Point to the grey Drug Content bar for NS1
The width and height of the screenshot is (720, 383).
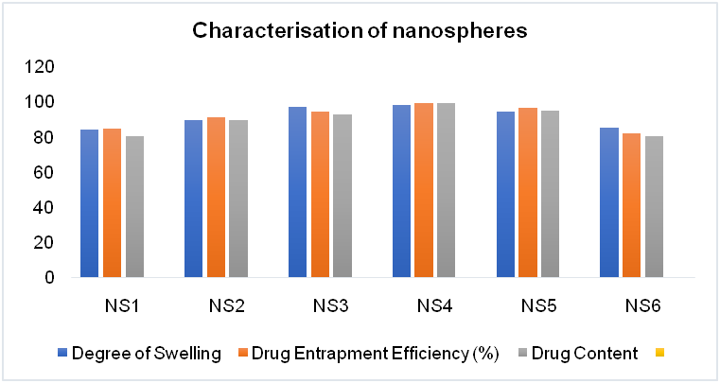point(134,207)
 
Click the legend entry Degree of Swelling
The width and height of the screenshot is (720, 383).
point(161,354)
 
